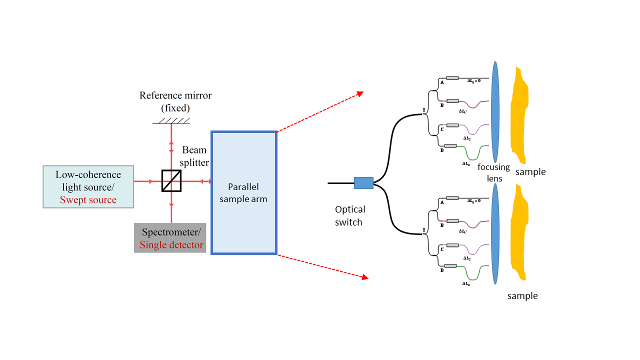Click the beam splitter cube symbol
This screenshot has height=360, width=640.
pos(171,181)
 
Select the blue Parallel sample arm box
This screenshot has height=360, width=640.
pos(244,192)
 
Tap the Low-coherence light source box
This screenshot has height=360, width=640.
pos(88,186)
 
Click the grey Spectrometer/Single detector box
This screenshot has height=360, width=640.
pos(170,238)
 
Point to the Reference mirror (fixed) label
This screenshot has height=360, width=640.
pos(175,101)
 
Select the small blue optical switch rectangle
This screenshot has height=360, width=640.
pos(363,183)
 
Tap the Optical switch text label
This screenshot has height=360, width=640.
pos(350,215)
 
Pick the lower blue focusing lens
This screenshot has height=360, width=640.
pos(495,233)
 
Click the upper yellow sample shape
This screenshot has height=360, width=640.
pos(519,116)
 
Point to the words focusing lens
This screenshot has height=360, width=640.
pos(493,172)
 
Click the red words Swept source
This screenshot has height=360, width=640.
pos(88,200)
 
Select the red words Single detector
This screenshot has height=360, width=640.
pos(171,245)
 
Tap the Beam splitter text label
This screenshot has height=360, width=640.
pos(195,156)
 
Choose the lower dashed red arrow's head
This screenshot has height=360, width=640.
pos(365,277)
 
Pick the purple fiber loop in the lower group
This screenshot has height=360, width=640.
pos(473,251)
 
